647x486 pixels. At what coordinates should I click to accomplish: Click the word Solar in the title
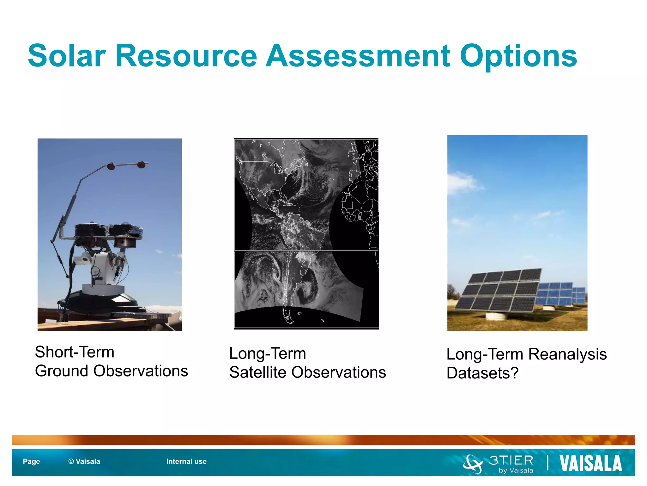click(67, 56)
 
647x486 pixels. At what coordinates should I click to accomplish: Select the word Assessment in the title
click(358, 56)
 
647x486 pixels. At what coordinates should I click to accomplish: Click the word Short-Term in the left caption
click(75, 352)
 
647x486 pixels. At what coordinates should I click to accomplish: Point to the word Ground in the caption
click(61, 371)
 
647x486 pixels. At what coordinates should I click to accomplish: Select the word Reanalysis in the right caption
click(567, 354)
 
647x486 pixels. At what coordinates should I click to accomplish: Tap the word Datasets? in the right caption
click(482, 373)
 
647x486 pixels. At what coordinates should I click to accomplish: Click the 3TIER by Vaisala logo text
click(511, 464)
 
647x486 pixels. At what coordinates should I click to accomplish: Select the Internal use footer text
click(186, 462)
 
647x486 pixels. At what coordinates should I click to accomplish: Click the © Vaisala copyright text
click(84, 462)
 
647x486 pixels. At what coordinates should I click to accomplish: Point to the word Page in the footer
click(31, 462)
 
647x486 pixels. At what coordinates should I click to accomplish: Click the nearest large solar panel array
click(499, 290)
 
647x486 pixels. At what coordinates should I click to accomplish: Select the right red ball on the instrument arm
click(141, 165)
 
